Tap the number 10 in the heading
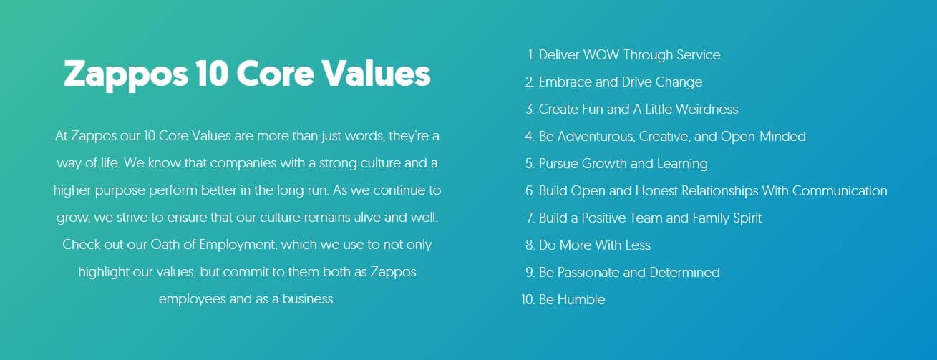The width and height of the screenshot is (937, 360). [x=212, y=74]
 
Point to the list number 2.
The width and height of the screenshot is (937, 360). [x=530, y=82]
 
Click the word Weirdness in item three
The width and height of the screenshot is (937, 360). [x=707, y=109]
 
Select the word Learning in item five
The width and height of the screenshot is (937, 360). [x=682, y=164]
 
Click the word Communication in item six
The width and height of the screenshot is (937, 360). [x=840, y=190]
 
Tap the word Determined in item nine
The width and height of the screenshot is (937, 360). [x=685, y=272]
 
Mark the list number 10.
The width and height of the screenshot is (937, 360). [x=528, y=299]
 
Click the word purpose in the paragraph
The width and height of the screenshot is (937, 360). [x=120, y=191]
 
